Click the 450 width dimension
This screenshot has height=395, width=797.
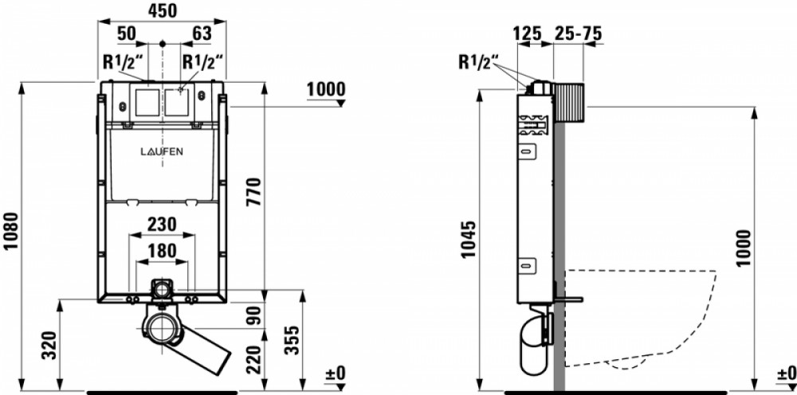162,10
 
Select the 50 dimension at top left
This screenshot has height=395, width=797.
127,33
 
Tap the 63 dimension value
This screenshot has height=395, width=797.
202,33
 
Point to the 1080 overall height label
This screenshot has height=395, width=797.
10,231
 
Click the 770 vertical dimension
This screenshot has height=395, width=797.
253,191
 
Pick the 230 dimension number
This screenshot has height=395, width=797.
162,224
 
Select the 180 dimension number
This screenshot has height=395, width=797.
162,251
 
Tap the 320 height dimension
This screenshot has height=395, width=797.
49,346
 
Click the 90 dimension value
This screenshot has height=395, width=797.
253,315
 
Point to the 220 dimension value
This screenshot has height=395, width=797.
253,359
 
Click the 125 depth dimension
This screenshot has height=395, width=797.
527,33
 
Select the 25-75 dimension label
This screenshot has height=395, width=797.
578,33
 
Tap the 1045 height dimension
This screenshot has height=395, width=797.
469,240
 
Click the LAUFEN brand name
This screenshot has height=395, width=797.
162,151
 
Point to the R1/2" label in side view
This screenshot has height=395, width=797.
479,62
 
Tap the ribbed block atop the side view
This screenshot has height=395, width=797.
568,102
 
